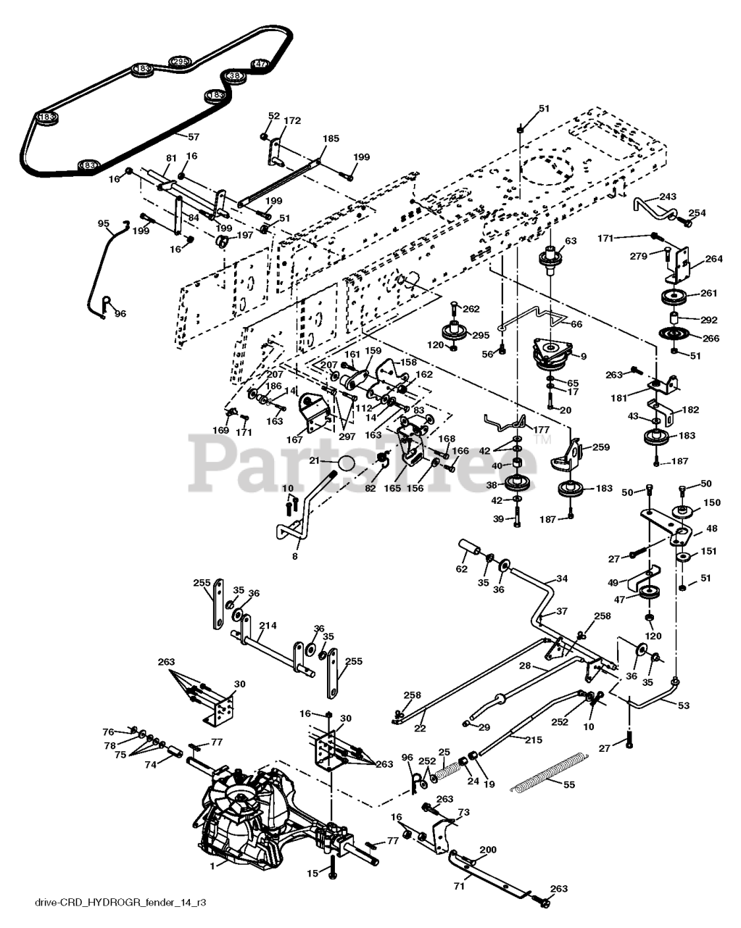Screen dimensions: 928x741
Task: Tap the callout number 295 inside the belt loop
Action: pos(180,62)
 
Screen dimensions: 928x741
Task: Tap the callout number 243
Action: pos(668,196)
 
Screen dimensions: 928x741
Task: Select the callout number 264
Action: pos(714,260)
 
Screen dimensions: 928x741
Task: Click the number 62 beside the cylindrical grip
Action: pos(461,559)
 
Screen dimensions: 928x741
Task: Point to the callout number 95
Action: pos(103,223)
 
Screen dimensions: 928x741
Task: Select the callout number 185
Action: pos(331,138)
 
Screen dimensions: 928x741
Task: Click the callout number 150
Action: pos(713,502)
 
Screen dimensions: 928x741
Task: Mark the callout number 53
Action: pos(684,705)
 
